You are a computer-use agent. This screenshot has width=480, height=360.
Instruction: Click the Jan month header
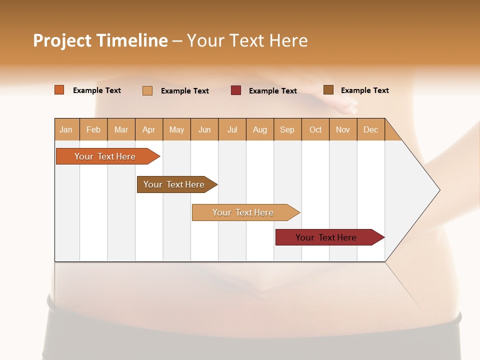click(66, 129)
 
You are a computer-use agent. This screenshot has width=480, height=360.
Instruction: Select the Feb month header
click(93, 129)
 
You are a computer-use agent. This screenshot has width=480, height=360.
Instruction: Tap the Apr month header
click(148, 129)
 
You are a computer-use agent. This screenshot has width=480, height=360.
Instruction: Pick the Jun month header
click(204, 129)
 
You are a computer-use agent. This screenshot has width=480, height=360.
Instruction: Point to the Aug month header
click(259, 129)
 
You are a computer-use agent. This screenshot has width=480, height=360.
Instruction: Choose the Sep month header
click(287, 129)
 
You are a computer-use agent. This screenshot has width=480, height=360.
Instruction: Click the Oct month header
click(315, 129)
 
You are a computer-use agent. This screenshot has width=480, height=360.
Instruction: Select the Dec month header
click(370, 129)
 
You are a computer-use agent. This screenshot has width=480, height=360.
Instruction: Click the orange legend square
click(59, 90)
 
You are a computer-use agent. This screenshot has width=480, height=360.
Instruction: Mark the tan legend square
click(147, 90)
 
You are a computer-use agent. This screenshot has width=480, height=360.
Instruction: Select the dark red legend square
click(236, 90)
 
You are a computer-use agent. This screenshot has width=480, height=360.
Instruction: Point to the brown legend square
click(328, 90)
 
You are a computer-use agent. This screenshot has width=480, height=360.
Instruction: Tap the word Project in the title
click(62, 40)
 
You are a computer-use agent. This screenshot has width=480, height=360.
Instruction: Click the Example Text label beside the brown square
click(364, 90)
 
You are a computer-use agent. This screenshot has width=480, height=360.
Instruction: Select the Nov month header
click(342, 129)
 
